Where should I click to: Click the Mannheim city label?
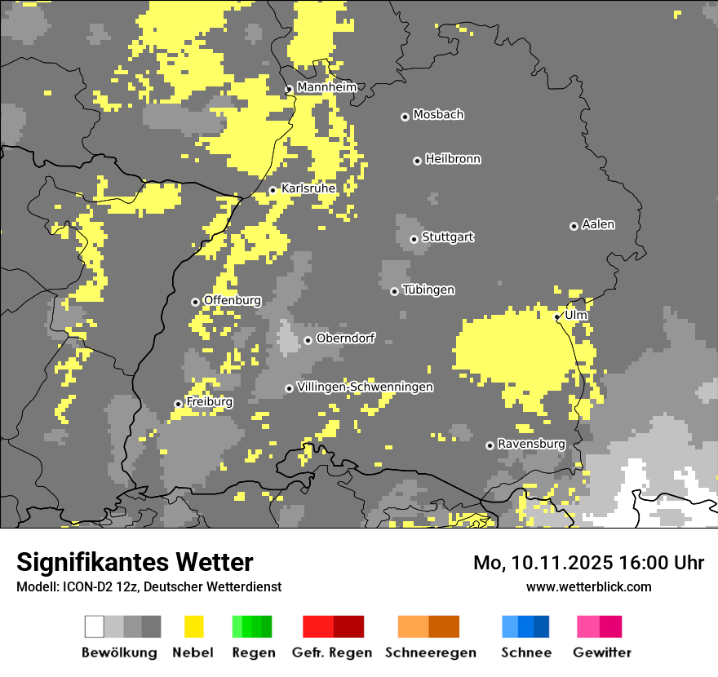coord(326,87)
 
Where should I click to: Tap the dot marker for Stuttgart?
coord(414,239)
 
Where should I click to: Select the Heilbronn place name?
coord(453,159)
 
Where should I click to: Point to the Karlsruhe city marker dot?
coord(273,191)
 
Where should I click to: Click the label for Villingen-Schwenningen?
coord(365,387)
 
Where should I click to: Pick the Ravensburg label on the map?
coord(531,444)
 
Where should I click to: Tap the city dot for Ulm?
coord(557,316)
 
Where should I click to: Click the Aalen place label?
coord(598,224)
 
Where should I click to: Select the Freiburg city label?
coord(209,402)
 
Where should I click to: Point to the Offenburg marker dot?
coord(195,302)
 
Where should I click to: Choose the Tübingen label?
coord(428,290)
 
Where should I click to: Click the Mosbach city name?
coord(438,115)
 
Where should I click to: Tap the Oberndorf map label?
coord(345,338)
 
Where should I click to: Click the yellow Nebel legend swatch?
coord(193,626)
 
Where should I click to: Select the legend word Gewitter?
coord(601,653)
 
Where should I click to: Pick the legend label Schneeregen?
coord(430,653)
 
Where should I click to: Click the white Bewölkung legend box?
coord(95,626)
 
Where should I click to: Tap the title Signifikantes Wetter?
coord(135,562)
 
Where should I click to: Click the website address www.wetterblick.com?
coord(588,586)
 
